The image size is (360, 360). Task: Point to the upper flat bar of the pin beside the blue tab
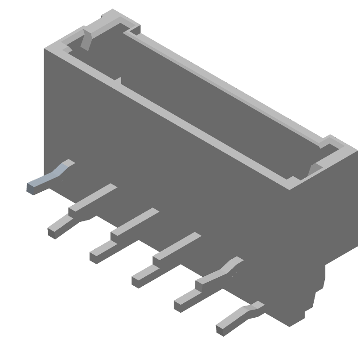(92, 198)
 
